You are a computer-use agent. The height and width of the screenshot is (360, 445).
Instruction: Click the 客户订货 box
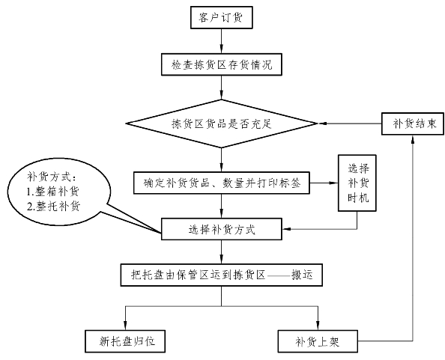click(221, 17)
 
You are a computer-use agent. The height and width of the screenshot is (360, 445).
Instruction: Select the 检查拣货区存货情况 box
click(222, 64)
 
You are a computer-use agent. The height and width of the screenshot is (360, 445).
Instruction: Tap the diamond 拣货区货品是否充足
click(221, 123)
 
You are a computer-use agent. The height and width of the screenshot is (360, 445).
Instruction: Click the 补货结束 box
click(413, 123)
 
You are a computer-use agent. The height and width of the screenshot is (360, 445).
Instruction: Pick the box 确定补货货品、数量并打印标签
click(222, 183)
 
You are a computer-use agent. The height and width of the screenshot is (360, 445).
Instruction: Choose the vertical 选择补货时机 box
click(357, 183)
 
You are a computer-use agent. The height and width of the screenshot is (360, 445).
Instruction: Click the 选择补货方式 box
click(222, 229)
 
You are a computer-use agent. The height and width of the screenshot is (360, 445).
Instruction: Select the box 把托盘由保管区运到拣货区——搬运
click(222, 275)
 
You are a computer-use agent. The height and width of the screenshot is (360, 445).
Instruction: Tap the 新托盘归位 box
click(125, 341)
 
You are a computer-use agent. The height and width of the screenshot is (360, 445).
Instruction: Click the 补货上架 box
click(318, 341)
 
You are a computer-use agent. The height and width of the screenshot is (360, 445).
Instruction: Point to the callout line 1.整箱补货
click(53, 192)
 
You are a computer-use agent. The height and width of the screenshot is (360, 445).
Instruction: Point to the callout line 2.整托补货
click(54, 207)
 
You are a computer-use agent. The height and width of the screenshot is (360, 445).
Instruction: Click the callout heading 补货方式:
click(52, 177)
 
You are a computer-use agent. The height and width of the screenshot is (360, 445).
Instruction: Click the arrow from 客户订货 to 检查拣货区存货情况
click(221, 41)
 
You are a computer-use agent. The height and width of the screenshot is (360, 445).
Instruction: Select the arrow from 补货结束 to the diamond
click(349, 123)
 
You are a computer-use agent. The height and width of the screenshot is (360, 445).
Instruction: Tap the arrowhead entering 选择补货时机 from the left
click(334, 183)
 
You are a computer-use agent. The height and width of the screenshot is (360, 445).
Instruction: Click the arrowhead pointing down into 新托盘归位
click(125, 326)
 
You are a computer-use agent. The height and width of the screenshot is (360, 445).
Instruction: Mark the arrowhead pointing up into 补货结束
click(413, 139)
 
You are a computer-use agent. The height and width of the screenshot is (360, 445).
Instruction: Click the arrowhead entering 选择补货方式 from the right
click(286, 229)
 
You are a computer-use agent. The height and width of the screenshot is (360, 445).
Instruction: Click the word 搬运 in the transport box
click(302, 275)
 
